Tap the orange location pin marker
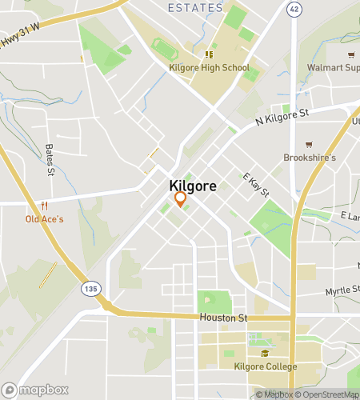[180, 198]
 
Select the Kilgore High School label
[209, 68]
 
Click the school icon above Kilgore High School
[209, 55]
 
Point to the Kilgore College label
[265, 366]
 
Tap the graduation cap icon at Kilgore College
[265, 354]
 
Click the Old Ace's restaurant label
[45, 218]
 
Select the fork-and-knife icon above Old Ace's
[45, 206]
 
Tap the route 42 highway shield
[294, 9]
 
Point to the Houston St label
[224, 318]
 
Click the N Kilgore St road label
[282, 117]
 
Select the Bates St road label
[50, 160]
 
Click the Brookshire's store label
[309, 158]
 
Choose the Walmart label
[333, 68]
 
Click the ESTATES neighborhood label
[196, 7]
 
